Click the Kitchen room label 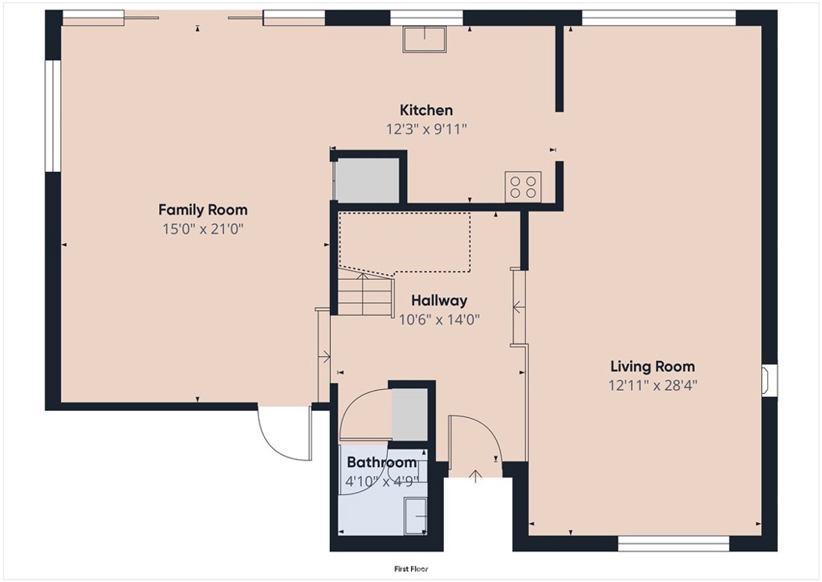(426, 110)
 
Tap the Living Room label (652, 367)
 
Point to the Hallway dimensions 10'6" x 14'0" (439, 318)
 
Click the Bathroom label (381, 462)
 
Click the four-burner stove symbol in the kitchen (523, 187)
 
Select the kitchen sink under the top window (425, 38)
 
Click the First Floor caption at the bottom (411, 568)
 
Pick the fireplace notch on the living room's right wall (769, 380)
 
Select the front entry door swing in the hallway (474, 442)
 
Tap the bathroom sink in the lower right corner (416, 514)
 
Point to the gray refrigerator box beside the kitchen (367, 181)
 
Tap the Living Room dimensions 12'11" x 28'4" (652, 385)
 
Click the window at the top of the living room (658, 17)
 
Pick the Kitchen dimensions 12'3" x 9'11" (426, 129)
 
